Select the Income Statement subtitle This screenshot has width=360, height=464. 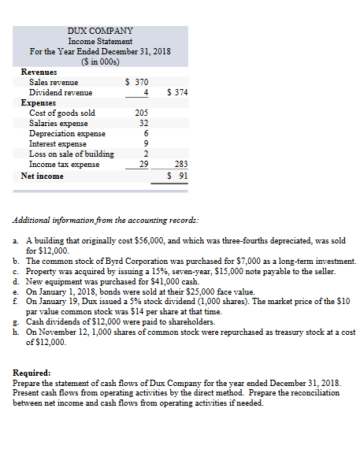[100, 41]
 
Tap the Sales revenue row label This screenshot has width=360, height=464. [54, 82]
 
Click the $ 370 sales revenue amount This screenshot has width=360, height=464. [137, 82]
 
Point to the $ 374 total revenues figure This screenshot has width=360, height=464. [176, 92]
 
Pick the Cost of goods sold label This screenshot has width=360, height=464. [62, 113]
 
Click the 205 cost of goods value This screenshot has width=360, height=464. [142, 113]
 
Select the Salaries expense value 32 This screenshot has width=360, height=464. [143, 123]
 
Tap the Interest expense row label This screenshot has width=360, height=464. [58, 143]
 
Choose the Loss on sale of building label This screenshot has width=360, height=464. [72, 154]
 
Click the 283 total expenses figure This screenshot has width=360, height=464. [181, 164]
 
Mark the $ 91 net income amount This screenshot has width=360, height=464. [178, 176]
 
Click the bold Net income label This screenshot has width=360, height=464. [42, 176]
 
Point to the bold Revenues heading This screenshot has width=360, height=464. [40, 72]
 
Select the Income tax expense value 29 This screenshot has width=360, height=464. [143, 164]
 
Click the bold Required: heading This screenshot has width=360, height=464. [32, 372]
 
